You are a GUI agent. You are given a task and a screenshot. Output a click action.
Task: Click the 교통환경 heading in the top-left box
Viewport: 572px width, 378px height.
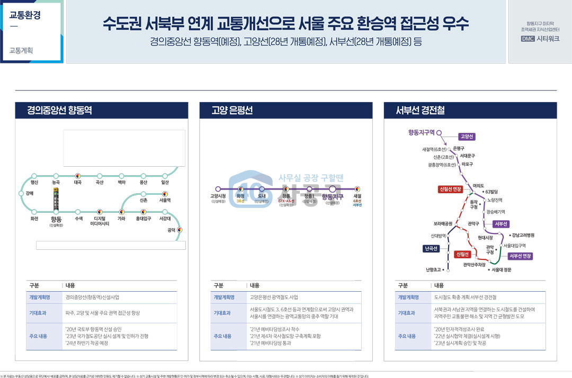point(25,15)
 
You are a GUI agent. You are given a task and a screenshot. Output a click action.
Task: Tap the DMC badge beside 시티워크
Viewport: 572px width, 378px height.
point(528,39)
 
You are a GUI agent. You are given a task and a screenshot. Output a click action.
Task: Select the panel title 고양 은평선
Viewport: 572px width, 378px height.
point(232,110)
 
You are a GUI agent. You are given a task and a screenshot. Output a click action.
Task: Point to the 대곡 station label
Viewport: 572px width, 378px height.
point(77,183)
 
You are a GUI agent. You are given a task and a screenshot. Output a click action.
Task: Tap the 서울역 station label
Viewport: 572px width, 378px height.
point(165,201)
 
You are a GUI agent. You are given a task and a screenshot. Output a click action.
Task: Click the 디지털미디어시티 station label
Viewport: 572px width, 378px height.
point(100,221)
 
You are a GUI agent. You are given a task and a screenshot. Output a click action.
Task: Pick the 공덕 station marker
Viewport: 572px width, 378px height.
point(180,230)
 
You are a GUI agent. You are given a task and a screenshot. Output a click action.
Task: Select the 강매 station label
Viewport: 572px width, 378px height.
point(30,193)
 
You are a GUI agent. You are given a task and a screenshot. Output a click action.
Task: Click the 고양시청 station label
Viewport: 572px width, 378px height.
point(218,196)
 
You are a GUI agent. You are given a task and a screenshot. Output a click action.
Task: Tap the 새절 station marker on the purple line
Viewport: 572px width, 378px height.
point(357,188)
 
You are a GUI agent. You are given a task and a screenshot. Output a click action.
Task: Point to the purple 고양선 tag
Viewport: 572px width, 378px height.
point(467,137)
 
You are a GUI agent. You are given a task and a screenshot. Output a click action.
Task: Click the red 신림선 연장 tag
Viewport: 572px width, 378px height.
point(450,189)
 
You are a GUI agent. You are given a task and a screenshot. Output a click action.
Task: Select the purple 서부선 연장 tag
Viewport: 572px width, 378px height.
point(520,256)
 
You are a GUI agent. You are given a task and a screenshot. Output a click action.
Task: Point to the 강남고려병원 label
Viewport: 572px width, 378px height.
point(523,235)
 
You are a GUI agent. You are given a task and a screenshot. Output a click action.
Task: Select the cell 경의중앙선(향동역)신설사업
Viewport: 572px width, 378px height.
point(96,298)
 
